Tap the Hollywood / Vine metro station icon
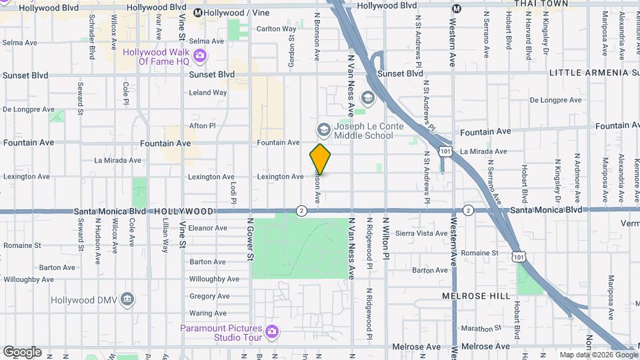pyautogui.click(x=198, y=13)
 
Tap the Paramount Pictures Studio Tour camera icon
pyautogui.click(x=271, y=331)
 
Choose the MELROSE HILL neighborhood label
pyautogui.click(x=476, y=295)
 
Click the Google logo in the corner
pyautogui.click(x=21, y=351)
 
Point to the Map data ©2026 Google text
pyautogui.click(x=598, y=355)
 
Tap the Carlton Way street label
pyautogui.click(x=277, y=29)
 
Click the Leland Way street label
pyautogui.click(x=208, y=93)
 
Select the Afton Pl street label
pyautogui.click(x=203, y=125)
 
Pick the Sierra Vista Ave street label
pyautogui.click(x=421, y=233)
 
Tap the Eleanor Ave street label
pyautogui.click(x=209, y=227)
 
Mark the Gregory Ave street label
pyautogui.click(x=209, y=296)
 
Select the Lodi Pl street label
pyautogui.click(x=233, y=192)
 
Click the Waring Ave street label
pyautogui.click(x=208, y=313)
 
